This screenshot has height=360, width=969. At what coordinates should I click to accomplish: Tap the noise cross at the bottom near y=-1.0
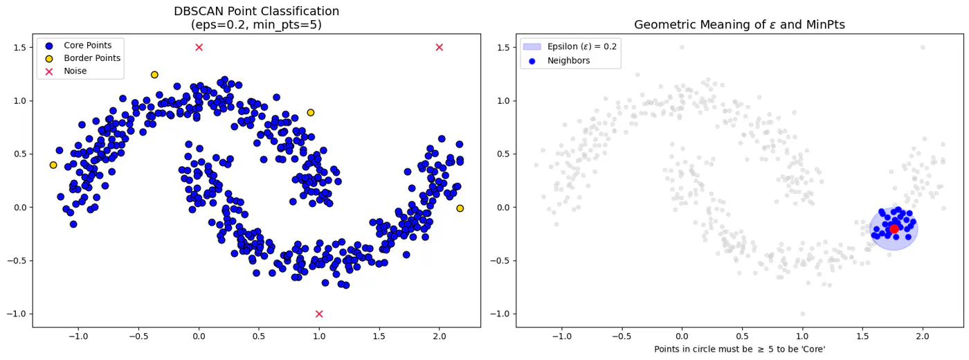[x=319, y=314]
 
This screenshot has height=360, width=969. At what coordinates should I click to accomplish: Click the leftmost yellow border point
[x=53, y=165]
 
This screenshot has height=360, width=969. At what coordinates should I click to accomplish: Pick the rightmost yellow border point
[x=460, y=208]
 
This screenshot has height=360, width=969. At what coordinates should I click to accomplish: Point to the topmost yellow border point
[x=154, y=75]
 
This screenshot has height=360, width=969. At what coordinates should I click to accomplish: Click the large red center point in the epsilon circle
[x=894, y=228]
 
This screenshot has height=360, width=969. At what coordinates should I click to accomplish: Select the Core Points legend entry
[x=87, y=45]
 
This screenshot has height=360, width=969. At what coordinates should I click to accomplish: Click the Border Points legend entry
[x=91, y=58]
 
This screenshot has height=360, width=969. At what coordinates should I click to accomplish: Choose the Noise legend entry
[x=75, y=71]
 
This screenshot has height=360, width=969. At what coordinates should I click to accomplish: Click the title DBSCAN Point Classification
[x=256, y=11]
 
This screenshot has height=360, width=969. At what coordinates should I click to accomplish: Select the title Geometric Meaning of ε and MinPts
[x=739, y=25]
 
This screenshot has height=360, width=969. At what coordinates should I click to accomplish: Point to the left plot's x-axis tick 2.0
[x=439, y=337]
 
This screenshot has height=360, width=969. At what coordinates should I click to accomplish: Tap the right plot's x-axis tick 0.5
[x=742, y=337]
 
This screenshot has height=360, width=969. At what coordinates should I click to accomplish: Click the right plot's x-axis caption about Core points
[x=739, y=350]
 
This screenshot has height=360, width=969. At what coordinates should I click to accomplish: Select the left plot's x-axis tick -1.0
[x=78, y=337]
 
